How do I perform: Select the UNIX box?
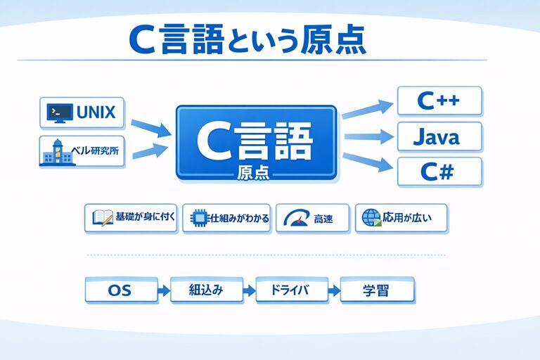82,112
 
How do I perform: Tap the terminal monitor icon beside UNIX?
58,112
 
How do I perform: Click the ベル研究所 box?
82,152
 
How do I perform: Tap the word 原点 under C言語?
255,173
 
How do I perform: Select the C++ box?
439,101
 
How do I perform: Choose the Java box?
439,136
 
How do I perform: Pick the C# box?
439,172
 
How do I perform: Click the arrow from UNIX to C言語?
150,127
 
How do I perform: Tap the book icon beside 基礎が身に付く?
99,219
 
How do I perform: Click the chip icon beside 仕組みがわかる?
196,219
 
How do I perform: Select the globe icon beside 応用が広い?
371,219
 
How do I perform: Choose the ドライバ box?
291,290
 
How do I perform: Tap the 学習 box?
377,290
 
